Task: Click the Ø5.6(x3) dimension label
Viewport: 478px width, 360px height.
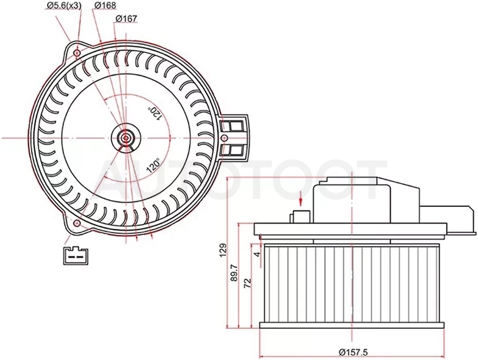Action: click(x=64, y=5)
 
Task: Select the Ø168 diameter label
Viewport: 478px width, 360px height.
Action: click(x=105, y=5)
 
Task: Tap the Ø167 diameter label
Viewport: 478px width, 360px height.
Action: click(x=126, y=19)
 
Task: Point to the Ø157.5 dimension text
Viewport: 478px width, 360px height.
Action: click(x=353, y=353)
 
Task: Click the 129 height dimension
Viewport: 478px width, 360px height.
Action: click(x=224, y=250)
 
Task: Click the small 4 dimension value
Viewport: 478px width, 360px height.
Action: click(x=258, y=254)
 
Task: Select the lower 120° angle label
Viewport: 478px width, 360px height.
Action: click(x=153, y=165)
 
